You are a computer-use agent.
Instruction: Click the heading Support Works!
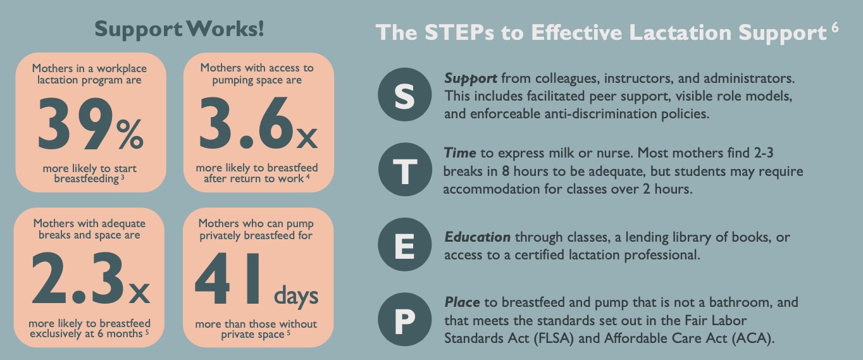[179, 28]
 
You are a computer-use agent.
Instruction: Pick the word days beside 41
[296, 295]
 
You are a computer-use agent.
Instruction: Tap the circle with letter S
[405, 96]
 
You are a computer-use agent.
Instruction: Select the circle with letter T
[405, 171]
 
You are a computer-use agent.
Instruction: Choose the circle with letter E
[405, 246]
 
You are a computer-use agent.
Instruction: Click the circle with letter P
[405, 321]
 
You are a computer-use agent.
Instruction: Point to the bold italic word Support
[471, 79]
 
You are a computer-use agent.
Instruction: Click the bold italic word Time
[459, 154]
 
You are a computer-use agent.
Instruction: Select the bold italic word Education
[477, 237]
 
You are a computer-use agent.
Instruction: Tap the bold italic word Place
[462, 302]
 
